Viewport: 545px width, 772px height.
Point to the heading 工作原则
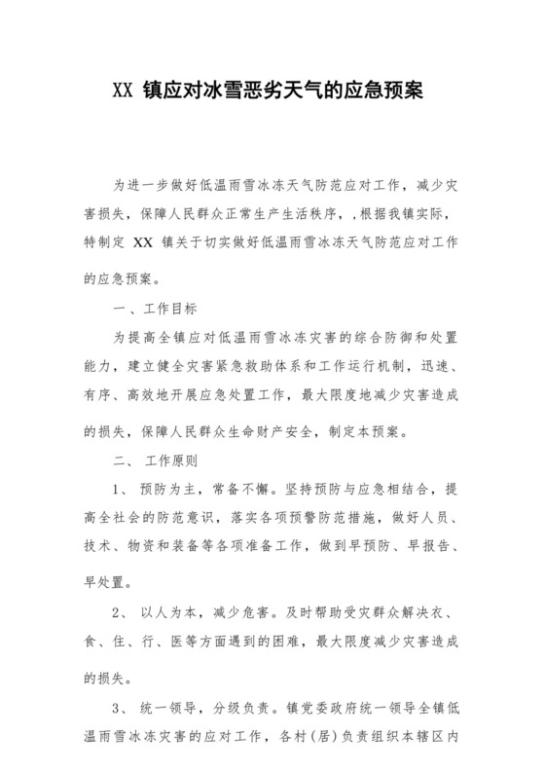coord(173,458)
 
